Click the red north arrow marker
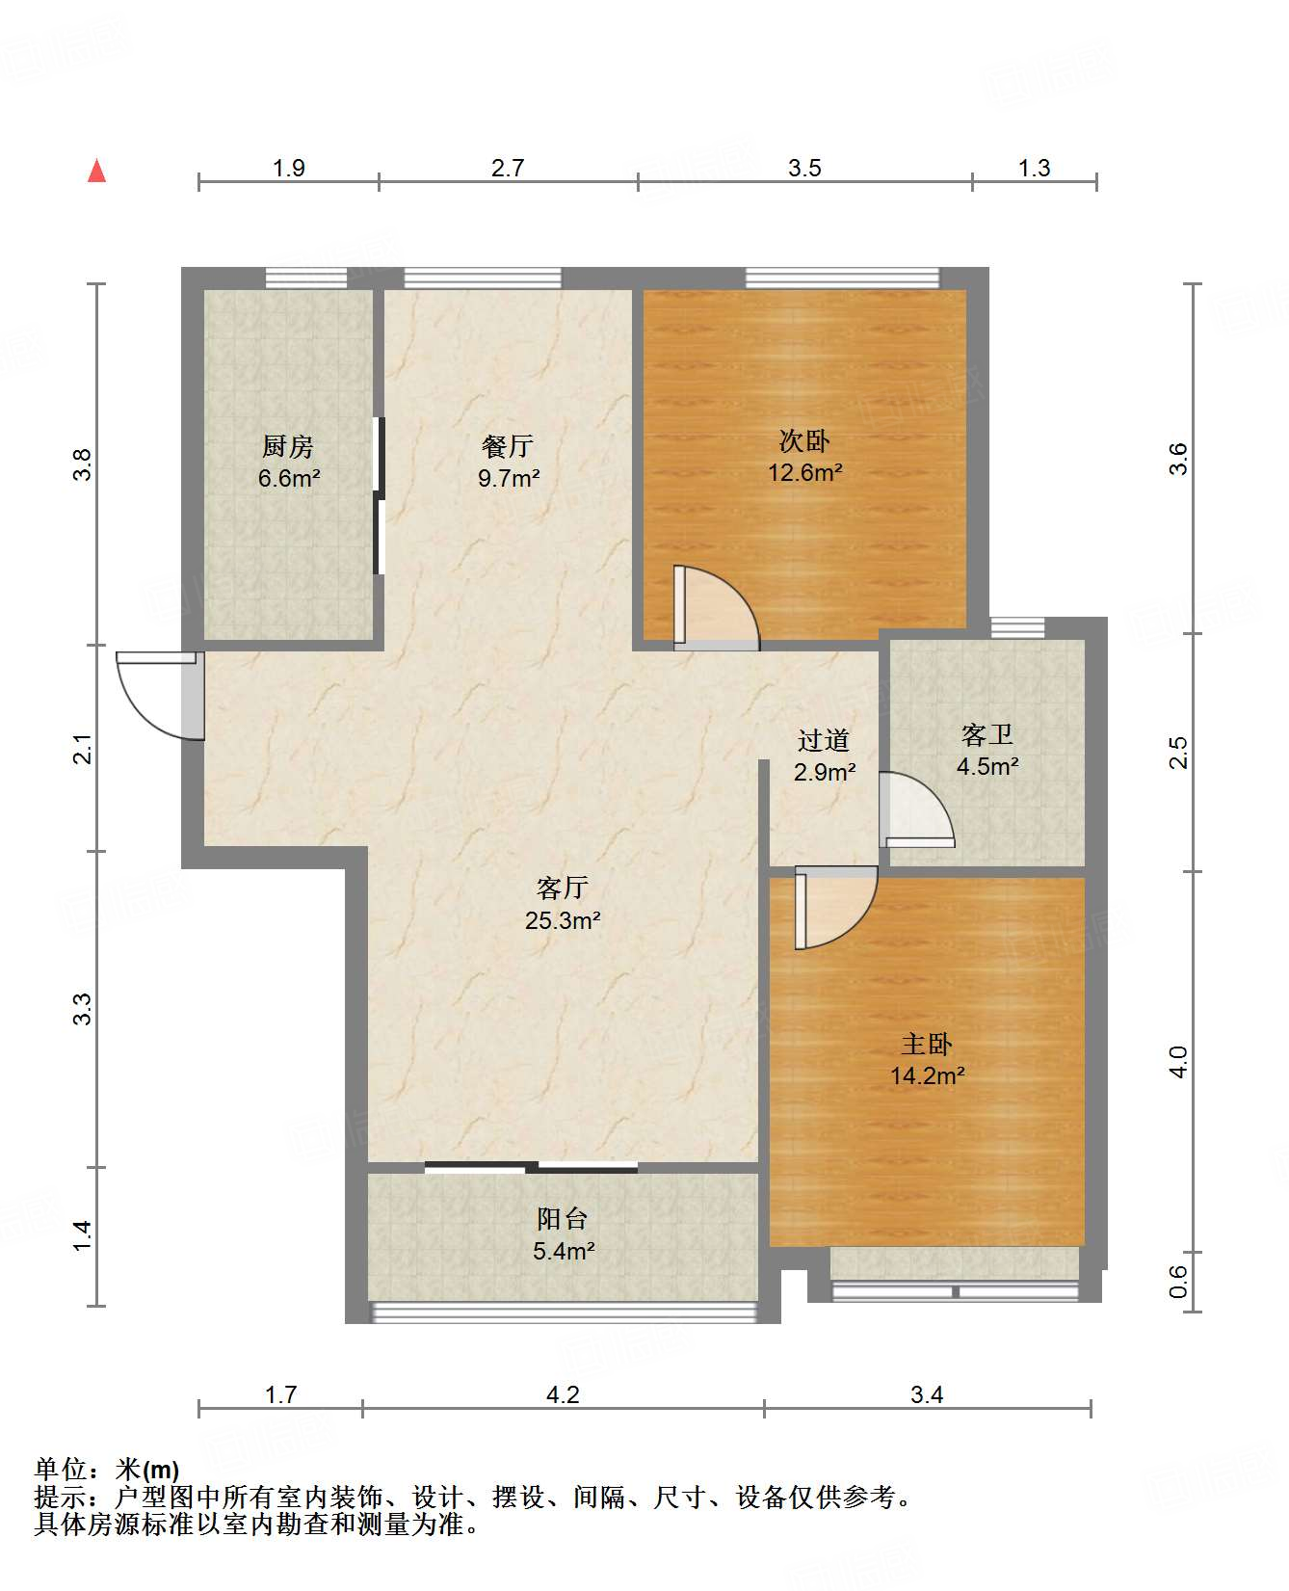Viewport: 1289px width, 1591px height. click(x=96, y=172)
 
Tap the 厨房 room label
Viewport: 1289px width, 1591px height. click(x=288, y=447)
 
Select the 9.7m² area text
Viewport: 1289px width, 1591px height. click(x=509, y=478)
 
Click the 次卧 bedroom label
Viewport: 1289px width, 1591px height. click(x=804, y=441)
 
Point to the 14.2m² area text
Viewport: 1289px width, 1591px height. click(x=927, y=1076)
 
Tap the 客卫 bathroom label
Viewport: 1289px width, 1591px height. click(x=987, y=735)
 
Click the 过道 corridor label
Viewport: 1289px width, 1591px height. click(x=824, y=740)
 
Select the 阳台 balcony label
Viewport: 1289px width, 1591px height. click(x=563, y=1219)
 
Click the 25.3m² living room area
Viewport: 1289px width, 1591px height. click(x=563, y=920)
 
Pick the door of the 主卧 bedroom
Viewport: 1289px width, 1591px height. click(x=833, y=906)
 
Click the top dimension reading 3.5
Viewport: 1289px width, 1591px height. click(x=804, y=169)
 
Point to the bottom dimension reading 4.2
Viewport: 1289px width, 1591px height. click(x=563, y=1394)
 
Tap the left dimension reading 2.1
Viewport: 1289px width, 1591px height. click(x=84, y=749)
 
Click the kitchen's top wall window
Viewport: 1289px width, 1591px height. click(x=306, y=278)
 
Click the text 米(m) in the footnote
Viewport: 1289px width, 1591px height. click(x=146, y=1470)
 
